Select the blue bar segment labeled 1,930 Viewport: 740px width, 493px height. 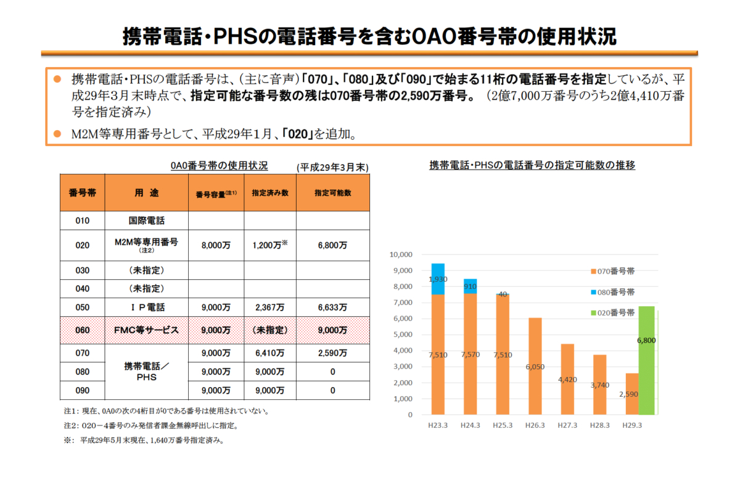click(x=438, y=279)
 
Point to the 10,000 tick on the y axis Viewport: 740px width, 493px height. click(x=401, y=255)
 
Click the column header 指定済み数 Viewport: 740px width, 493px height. click(x=269, y=193)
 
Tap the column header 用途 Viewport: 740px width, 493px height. click(x=146, y=193)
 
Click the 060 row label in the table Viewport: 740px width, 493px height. click(x=82, y=330)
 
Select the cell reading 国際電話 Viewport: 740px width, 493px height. click(x=146, y=221)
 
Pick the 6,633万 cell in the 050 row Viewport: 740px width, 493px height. click(x=332, y=307)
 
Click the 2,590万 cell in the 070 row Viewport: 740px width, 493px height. click(x=332, y=353)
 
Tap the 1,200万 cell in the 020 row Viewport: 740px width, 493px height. click(x=269, y=245)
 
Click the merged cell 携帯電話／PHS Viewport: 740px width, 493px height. click(x=146, y=372)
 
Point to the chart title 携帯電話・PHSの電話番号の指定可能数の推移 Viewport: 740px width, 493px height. click(x=532, y=165)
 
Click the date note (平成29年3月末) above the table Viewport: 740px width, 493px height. click(x=332, y=167)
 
